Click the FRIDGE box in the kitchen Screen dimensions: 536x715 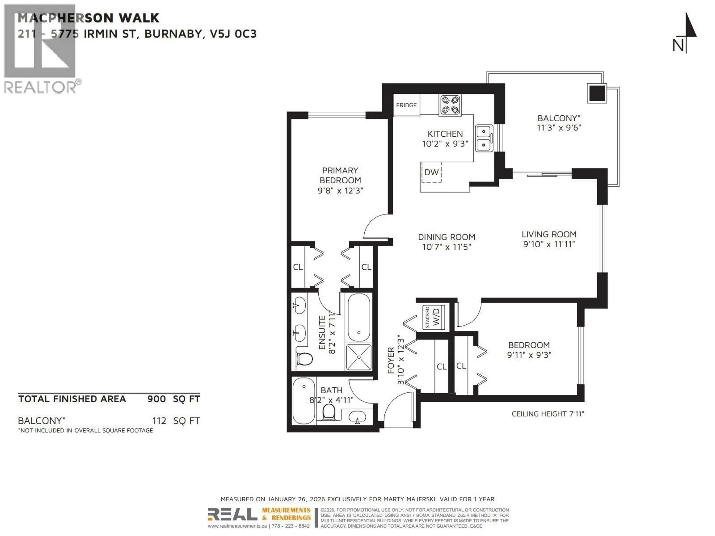pos(406,105)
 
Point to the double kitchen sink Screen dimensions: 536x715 pos(484,138)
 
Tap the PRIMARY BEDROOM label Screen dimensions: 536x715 pos(340,176)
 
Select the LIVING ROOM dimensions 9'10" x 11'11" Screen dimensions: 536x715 pos(549,244)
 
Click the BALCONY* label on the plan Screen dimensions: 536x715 pos(559,118)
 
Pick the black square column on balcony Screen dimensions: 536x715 pos(597,94)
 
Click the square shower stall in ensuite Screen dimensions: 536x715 pos(358,357)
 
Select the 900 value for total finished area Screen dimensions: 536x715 pos(156,399)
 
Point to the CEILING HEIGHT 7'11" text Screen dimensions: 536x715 pos(548,414)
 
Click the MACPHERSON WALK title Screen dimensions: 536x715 pos(88,18)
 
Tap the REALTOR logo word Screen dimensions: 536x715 pos(40,87)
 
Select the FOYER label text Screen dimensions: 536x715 pos(391,360)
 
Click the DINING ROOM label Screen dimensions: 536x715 pos(446,237)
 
